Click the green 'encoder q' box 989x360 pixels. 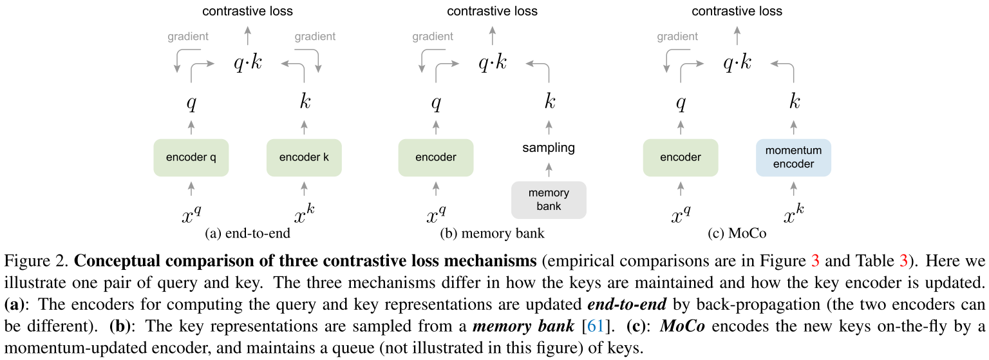pos(191,158)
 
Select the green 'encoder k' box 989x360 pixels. pos(304,158)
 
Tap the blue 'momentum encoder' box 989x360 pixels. pos(793,157)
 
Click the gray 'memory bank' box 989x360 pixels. pos(549,200)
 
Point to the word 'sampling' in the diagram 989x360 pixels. pos(549,148)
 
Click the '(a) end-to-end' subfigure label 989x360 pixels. pos(247,233)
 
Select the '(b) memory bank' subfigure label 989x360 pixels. pos(493,233)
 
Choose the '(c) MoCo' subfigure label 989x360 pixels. pos(737,233)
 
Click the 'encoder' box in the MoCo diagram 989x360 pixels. pos(681,158)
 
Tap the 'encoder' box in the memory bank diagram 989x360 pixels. pos(436,158)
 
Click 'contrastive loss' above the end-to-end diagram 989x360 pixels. pos(247,11)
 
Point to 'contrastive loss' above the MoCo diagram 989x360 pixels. pos(737,11)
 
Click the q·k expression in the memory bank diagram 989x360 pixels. pos(493,63)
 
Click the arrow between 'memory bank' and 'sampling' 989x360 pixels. pos(549,170)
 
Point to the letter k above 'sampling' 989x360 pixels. pos(549,102)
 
